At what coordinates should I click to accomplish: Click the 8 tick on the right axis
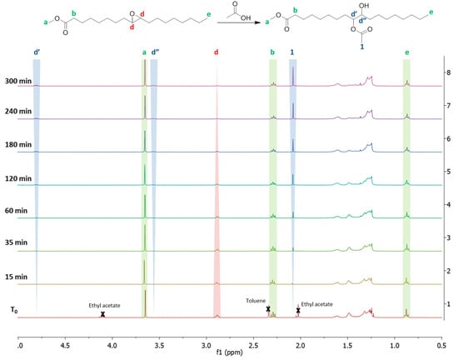448,73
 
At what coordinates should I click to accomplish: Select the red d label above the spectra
217,52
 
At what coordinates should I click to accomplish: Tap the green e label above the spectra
406,52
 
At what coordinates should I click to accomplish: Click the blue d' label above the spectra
37,52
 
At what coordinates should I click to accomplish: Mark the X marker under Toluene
269,310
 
